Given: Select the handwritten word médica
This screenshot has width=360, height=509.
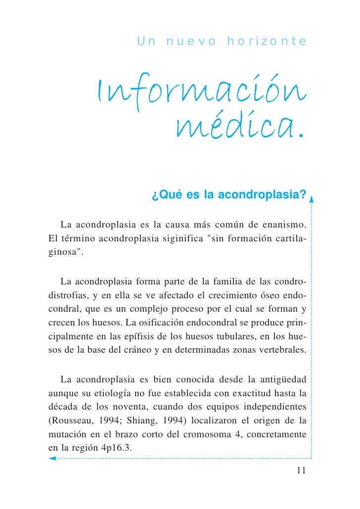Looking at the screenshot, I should tap(239, 128).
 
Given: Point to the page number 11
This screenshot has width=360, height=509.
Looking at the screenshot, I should tap(301, 470).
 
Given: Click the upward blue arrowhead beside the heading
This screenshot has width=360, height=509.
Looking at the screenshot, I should tap(312, 199).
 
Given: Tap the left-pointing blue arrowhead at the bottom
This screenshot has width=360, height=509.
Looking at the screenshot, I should tap(52, 458).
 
